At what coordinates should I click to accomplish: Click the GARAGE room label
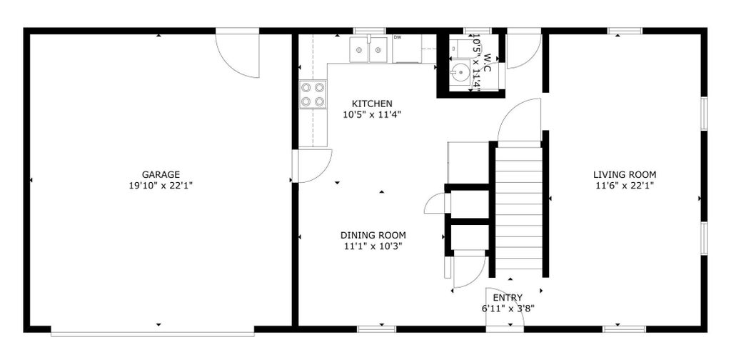click(x=161, y=175)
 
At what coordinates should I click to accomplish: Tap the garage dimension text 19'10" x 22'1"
click(x=161, y=186)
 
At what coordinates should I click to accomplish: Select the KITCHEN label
click(x=372, y=104)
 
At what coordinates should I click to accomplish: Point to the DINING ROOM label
click(x=373, y=235)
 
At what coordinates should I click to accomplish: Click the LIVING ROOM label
click(x=625, y=175)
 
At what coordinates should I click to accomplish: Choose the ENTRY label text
click(x=508, y=298)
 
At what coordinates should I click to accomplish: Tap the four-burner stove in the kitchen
click(x=313, y=94)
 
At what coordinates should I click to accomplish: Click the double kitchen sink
click(x=368, y=49)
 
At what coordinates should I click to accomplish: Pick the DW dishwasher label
click(x=397, y=37)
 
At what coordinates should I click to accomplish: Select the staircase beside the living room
click(x=519, y=208)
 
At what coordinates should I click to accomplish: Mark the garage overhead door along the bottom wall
click(x=153, y=334)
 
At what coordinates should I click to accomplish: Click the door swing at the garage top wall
click(x=237, y=54)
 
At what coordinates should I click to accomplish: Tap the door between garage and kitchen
click(x=313, y=166)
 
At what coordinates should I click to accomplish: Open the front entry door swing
click(x=505, y=308)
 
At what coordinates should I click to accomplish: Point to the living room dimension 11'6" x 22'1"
click(x=625, y=186)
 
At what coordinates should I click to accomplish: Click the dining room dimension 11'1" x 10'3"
click(x=373, y=246)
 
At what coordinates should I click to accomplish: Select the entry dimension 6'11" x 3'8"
click(x=508, y=308)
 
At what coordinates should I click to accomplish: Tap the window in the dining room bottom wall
click(x=377, y=329)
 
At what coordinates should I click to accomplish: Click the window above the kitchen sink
click(x=369, y=31)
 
